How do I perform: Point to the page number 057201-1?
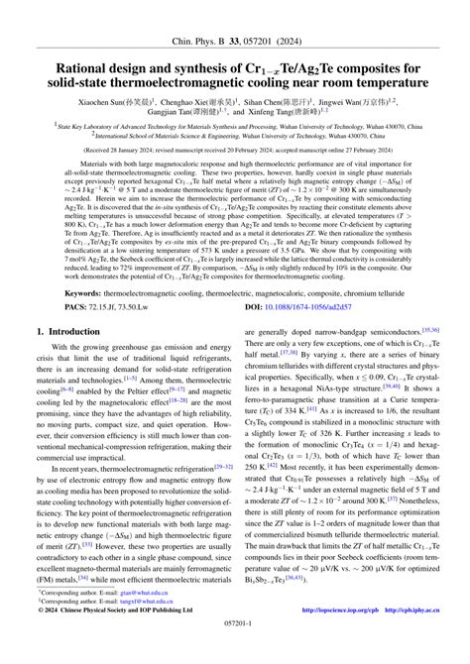pos(234,654)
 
